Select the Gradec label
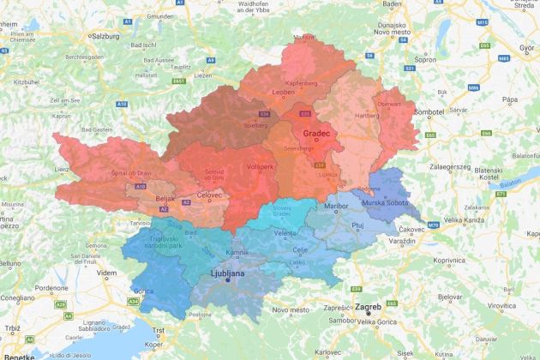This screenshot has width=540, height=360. pos(316,134)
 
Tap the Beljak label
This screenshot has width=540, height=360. pos(165,199)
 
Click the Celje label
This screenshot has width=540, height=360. pos(299,249)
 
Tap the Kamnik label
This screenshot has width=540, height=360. pos(236,252)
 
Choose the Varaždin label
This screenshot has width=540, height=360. pos(403,243)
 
